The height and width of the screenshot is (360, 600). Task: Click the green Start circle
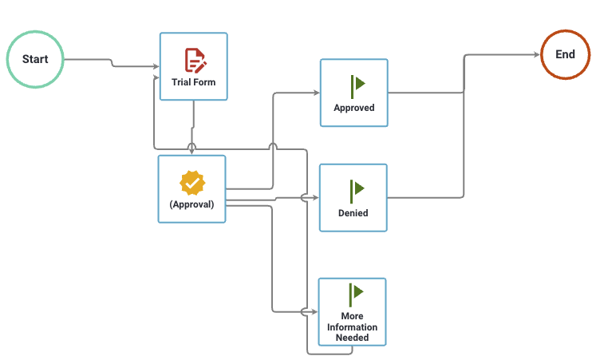pos(35,59)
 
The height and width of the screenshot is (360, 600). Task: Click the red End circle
pos(565,54)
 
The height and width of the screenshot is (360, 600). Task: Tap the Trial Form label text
pos(194,82)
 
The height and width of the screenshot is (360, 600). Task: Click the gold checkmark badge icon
pos(192,183)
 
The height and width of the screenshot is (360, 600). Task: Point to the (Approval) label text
pos(191,204)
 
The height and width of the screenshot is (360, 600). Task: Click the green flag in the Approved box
pos(356,84)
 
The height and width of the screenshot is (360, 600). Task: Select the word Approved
pos(354,108)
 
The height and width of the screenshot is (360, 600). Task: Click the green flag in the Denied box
pos(356,189)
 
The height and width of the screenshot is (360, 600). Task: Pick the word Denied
pos(353,213)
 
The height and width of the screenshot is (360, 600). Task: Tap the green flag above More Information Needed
pos(355,293)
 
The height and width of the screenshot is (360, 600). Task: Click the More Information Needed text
pos(353,326)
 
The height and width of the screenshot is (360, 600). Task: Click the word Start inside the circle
pos(35,59)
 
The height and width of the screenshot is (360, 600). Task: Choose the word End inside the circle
pos(565,54)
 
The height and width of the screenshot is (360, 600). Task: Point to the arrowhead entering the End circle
pos(536,55)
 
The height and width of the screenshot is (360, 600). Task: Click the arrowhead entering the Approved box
pos(316,93)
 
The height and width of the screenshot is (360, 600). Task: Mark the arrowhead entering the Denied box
pos(316,197)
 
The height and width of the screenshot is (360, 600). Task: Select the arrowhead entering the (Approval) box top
pos(191,151)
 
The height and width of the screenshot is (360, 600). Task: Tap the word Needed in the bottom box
pos(353,338)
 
